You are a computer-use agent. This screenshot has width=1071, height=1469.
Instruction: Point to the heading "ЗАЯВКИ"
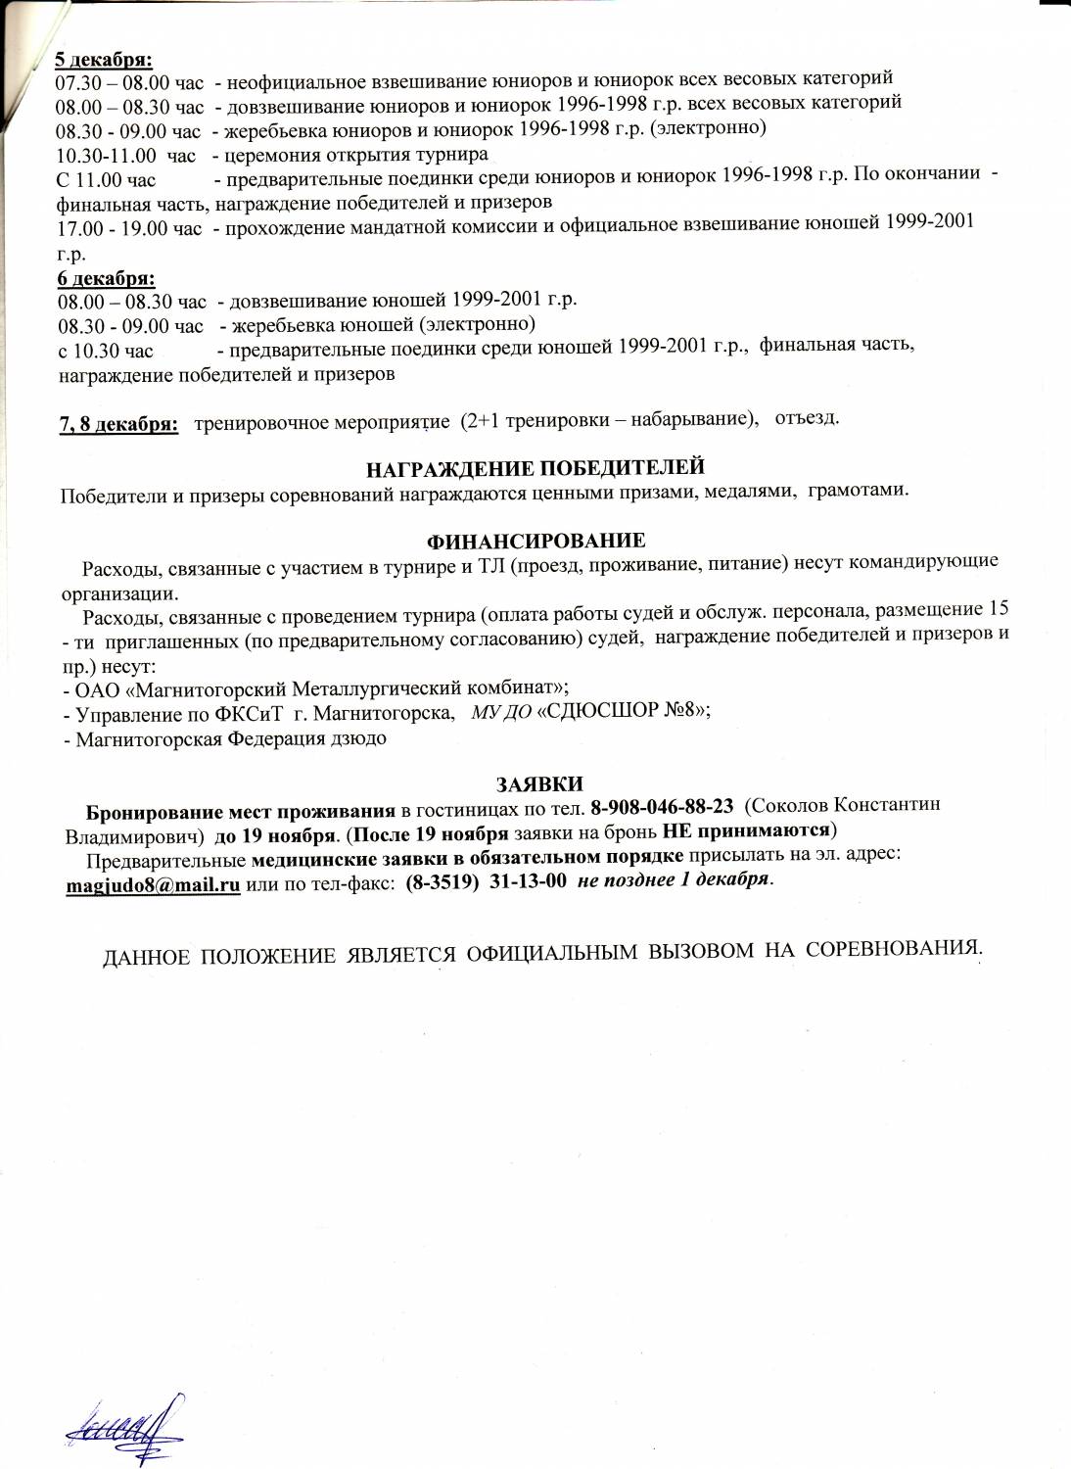tap(538, 783)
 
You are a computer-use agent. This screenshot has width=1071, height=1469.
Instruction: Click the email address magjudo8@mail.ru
tap(152, 879)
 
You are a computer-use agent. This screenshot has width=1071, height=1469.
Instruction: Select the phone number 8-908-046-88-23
tap(663, 806)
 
